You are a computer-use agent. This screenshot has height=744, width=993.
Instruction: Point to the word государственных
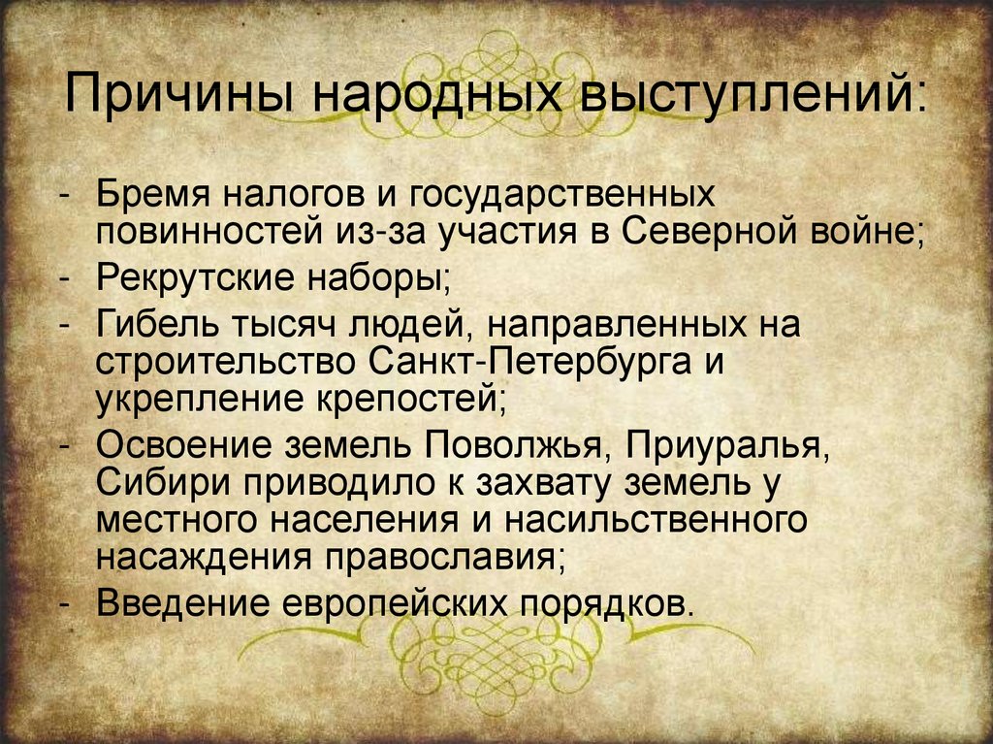pos(562,195)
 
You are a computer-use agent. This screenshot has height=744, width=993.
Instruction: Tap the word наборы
pos(379,278)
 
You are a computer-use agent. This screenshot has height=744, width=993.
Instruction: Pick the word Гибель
pos(159,323)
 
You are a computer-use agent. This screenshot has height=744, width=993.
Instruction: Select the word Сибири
pos(160,483)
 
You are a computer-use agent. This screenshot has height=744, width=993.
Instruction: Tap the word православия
pos(446,559)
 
